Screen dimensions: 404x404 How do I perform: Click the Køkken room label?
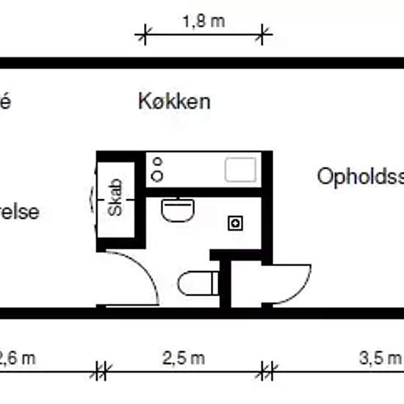[174, 101]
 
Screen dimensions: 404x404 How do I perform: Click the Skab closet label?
[115, 197]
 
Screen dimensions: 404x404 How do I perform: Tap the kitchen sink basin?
[240, 170]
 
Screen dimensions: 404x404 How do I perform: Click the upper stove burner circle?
[156, 163]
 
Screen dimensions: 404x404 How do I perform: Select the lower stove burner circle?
[156, 176]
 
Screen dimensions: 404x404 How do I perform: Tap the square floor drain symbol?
[235, 223]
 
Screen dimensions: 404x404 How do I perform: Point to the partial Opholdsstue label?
[361, 176]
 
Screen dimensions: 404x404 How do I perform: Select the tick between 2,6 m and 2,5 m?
[101, 371]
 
